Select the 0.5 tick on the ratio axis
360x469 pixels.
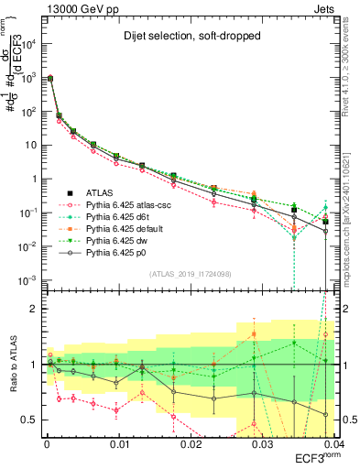pyautogui.click(x=33, y=420)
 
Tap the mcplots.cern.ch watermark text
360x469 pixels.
pyautogui.click(x=353, y=220)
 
